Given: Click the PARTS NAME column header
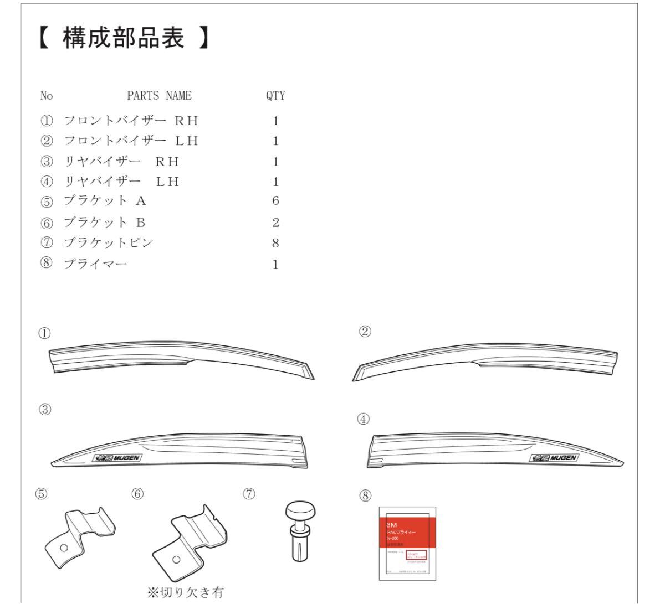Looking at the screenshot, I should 159,96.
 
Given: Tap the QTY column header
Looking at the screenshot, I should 275,96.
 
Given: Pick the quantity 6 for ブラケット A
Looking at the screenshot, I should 275,201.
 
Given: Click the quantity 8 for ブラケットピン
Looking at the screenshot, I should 275,243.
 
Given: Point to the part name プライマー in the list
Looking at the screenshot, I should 96,264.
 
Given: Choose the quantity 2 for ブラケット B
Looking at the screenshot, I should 275,223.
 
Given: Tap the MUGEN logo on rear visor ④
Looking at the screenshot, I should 554,458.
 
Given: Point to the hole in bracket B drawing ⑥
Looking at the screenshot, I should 176,559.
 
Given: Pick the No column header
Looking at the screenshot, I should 47,96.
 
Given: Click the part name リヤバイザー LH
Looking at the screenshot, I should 122,182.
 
